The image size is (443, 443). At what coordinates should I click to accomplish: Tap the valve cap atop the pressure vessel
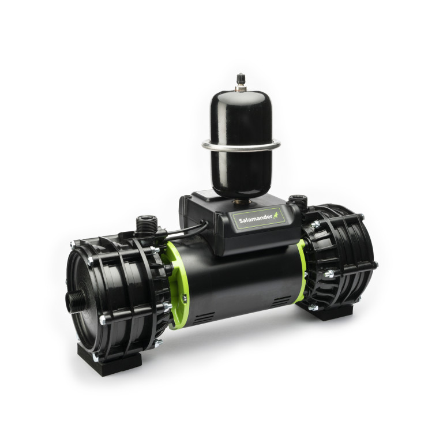point(241,79)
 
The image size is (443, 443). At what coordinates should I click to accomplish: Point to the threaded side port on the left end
point(76,302)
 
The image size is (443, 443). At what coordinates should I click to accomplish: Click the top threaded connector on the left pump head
point(147,224)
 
